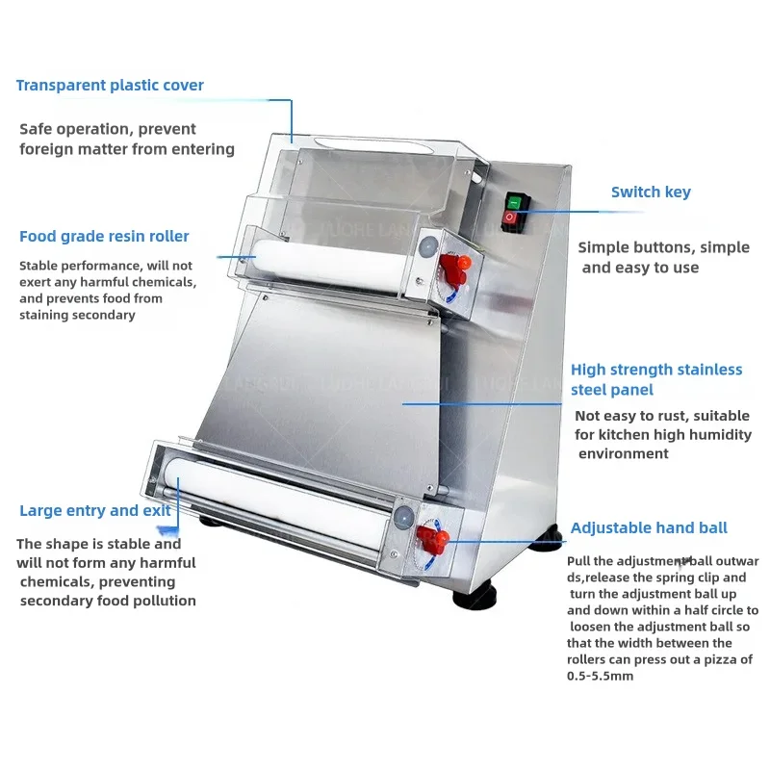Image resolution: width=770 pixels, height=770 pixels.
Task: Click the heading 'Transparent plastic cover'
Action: (110, 86)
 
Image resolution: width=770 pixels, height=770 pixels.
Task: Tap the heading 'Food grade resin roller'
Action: (104, 237)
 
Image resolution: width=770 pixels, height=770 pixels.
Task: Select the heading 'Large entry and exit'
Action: (95, 511)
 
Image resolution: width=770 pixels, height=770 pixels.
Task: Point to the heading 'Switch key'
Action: (651, 192)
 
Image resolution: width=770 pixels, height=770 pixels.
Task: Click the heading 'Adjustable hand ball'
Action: (649, 527)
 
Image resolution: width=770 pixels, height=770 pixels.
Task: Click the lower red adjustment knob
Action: (432, 539)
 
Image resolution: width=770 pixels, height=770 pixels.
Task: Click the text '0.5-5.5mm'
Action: (600, 677)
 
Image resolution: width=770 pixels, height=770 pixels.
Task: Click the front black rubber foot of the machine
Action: (475, 596)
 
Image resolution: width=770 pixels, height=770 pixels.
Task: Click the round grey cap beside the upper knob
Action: (428, 246)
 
